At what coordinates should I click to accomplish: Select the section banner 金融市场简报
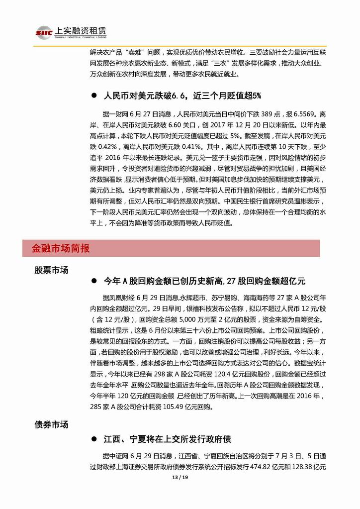pos(61,248)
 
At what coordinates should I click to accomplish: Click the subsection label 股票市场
pos(51,270)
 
